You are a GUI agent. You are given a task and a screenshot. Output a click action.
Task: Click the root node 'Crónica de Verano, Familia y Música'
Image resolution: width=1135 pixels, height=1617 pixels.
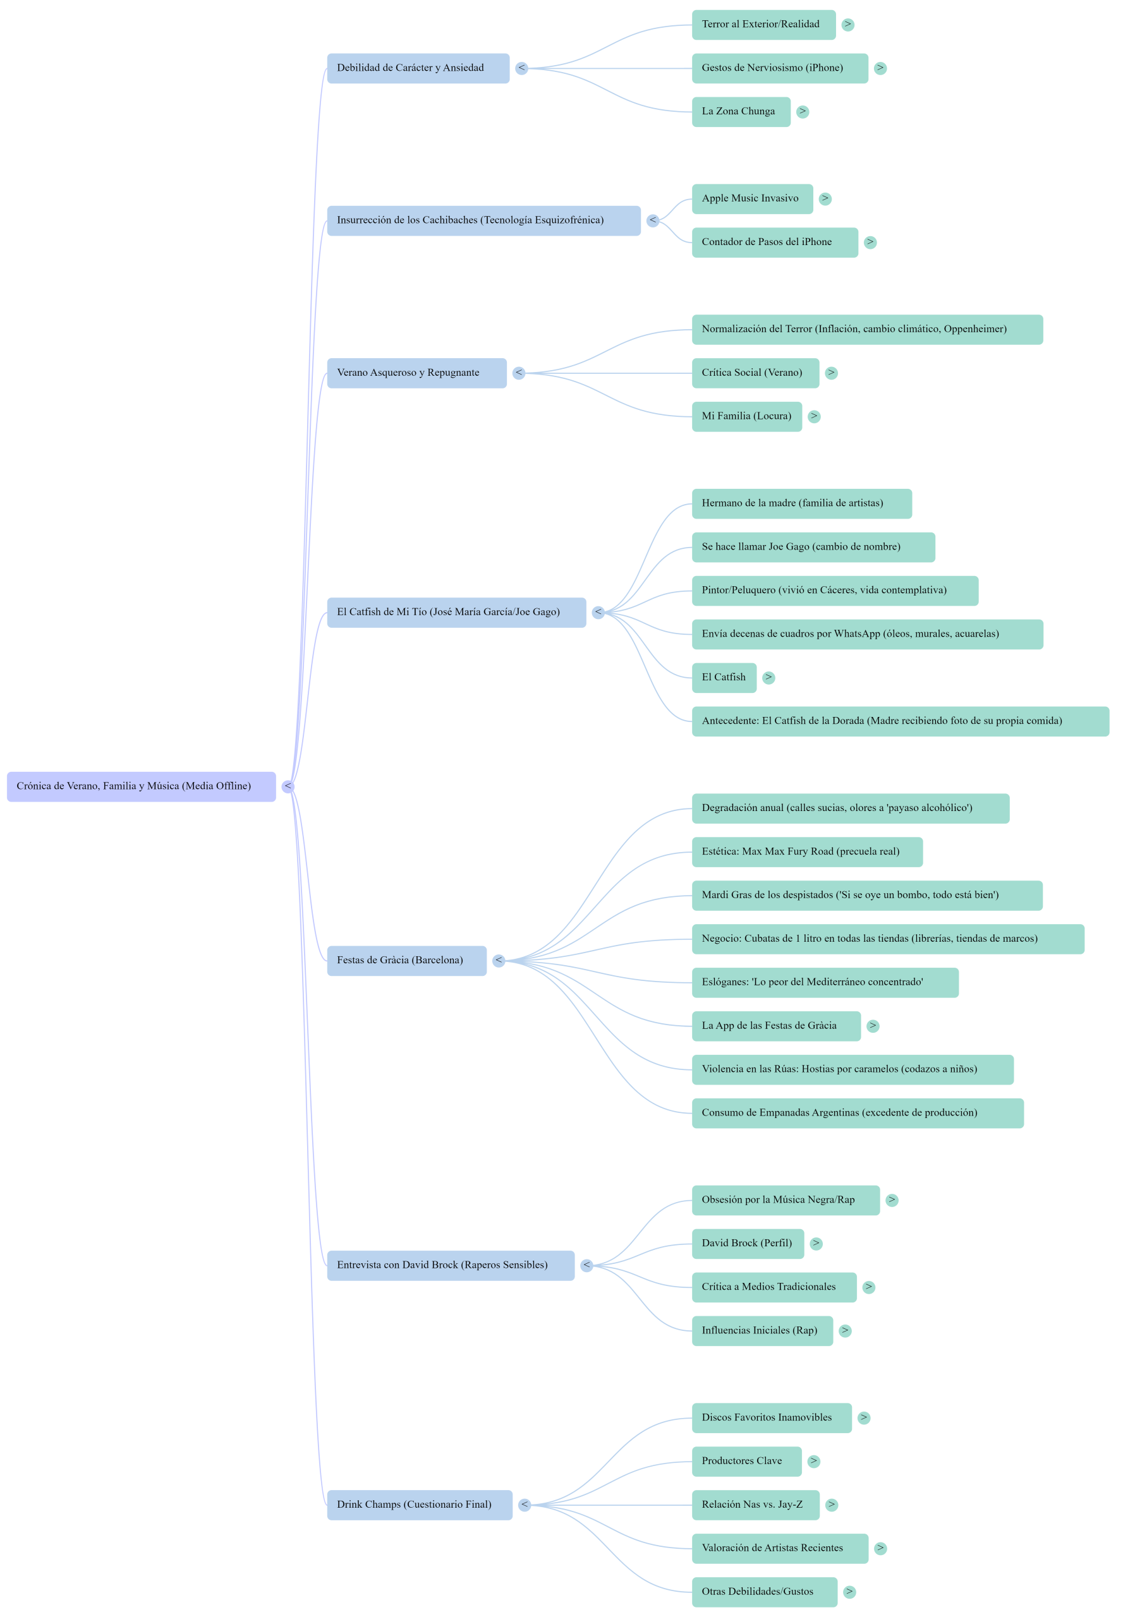coord(141,786)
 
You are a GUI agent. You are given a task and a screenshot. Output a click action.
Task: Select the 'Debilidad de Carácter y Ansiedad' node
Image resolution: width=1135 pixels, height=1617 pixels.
coord(418,68)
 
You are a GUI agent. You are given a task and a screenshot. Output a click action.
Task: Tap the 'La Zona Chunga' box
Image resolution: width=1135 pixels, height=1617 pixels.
coord(741,112)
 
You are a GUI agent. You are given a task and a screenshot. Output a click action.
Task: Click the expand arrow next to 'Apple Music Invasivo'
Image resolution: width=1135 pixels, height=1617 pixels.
coord(825,200)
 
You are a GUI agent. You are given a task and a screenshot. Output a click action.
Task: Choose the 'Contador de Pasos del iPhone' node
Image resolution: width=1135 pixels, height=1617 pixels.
coord(774,243)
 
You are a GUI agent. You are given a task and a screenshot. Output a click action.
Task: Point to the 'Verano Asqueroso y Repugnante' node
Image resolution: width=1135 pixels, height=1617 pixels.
coord(416,373)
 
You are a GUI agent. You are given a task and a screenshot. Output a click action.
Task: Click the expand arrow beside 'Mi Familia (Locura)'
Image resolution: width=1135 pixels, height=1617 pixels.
coord(814,416)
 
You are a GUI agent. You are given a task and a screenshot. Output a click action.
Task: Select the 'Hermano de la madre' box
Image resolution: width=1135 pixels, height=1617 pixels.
coord(801,503)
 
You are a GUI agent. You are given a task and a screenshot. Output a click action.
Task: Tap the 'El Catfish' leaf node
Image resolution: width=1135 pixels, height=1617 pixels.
coord(724,678)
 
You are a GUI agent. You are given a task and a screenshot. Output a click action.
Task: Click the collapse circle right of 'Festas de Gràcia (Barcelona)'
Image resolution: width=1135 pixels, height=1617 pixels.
coord(499,961)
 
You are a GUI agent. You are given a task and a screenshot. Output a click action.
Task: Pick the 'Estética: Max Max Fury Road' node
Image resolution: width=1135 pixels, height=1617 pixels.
coord(806,852)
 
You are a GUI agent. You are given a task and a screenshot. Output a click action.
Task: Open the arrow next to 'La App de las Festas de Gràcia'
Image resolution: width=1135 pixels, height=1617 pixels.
coord(873,1026)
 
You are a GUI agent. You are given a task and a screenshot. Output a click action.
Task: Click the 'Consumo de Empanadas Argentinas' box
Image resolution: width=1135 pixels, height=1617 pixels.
coord(857,1113)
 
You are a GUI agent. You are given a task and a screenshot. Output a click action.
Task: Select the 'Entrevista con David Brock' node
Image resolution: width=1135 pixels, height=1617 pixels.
coord(450,1266)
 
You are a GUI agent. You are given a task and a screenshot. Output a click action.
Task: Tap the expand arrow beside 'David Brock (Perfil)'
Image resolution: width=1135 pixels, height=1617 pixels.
coord(816,1244)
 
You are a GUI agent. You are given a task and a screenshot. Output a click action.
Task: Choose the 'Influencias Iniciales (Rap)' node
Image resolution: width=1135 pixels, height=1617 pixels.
coord(762,1330)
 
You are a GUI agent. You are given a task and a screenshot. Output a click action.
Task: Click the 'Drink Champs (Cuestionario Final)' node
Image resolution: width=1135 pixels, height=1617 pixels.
coord(419,1505)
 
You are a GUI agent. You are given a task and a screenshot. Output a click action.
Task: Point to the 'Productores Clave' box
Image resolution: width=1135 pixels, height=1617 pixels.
coord(746,1462)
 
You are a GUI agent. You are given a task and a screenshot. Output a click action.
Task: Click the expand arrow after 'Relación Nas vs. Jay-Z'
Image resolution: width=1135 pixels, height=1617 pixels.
coord(832,1505)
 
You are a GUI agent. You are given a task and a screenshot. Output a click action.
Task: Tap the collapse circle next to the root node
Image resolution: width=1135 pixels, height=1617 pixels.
coord(288,786)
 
